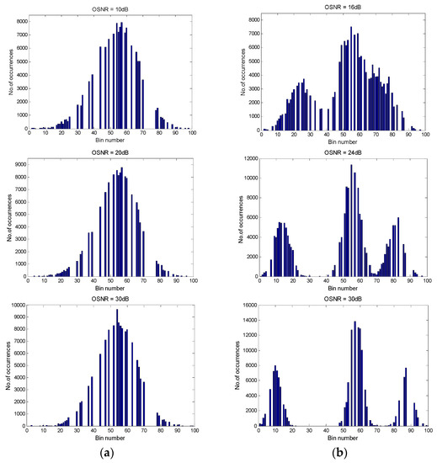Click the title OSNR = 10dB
[x=111, y=6]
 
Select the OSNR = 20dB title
[x=111, y=155]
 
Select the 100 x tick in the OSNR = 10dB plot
[x=193, y=134]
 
